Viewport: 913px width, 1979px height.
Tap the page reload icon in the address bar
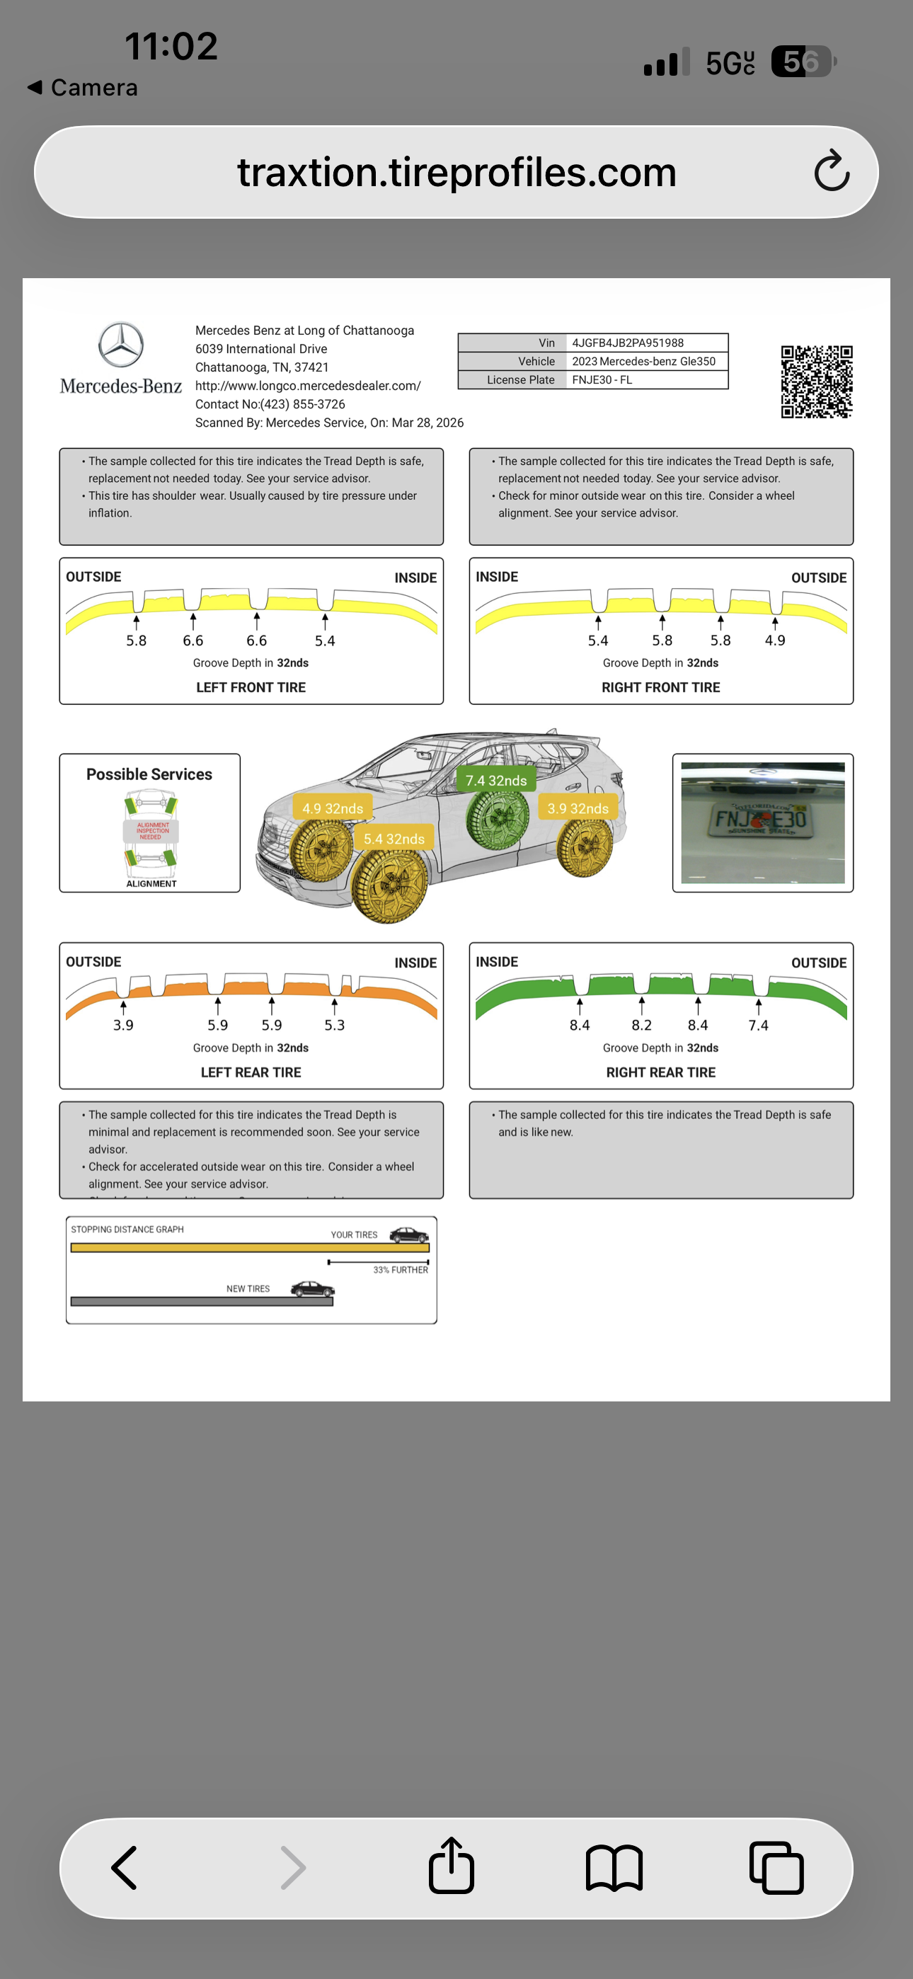(x=832, y=171)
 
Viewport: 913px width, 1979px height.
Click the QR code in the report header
(x=816, y=381)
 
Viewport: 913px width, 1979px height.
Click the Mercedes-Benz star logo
(x=120, y=345)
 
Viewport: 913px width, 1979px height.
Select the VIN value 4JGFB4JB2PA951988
(x=627, y=343)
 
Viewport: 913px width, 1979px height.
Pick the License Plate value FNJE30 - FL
(x=602, y=379)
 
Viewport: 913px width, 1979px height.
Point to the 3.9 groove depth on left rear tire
(x=123, y=1025)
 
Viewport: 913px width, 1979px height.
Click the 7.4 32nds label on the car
(x=495, y=781)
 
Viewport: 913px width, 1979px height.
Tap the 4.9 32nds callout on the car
(x=332, y=808)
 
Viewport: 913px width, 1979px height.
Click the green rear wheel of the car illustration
(x=498, y=819)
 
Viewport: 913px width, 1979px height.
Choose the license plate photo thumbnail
(x=762, y=822)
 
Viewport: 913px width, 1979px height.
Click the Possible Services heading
(x=149, y=774)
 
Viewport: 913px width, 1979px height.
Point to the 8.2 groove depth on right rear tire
(x=641, y=1025)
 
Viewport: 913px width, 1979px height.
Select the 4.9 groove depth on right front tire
(x=775, y=640)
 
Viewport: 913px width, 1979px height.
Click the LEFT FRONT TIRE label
(x=251, y=687)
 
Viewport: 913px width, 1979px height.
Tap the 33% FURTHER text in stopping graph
(x=401, y=1270)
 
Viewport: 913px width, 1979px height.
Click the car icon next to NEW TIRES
(x=312, y=1288)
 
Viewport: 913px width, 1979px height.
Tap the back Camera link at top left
(x=83, y=88)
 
